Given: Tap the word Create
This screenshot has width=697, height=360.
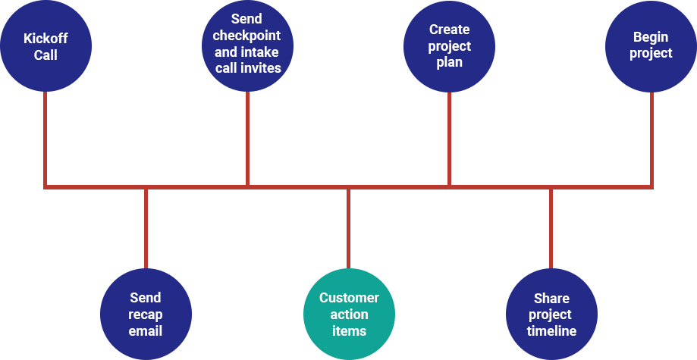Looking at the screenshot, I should [x=449, y=30].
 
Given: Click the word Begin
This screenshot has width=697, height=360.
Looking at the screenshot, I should [x=651, y=36].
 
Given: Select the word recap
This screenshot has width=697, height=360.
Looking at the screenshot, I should [x=146, y=315].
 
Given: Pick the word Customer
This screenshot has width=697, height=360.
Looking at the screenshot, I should [x=348, y=298].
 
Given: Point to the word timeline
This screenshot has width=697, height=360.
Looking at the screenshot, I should [x=551, y=331].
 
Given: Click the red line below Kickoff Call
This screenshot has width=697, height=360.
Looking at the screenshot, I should [x=46, y=136].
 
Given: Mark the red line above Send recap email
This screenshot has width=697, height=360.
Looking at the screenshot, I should [x=146, y=227].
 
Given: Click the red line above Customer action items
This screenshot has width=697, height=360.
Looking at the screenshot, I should [x=348, y=227].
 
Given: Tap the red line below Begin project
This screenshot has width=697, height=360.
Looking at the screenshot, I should [x=651, y=136].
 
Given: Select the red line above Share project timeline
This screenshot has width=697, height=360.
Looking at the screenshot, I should [x=551, y=227].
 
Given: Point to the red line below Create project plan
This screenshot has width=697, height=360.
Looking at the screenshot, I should [x=449, y=136].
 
